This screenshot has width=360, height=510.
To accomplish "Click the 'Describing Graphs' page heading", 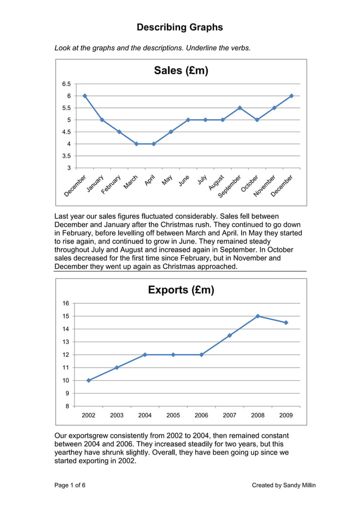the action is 179,27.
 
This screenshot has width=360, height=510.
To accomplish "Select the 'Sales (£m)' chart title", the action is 181,70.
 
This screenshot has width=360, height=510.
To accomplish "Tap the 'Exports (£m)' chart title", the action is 181,290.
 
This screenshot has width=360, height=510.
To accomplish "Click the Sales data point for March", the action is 137,144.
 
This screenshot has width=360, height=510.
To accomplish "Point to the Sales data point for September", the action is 240,108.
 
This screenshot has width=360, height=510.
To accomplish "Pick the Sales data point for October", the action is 257,120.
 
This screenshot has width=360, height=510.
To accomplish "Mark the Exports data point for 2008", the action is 258,316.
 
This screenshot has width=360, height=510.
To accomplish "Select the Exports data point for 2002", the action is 89,380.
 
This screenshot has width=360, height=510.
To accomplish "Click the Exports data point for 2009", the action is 286,322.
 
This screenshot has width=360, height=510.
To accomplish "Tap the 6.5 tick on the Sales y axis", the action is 66,84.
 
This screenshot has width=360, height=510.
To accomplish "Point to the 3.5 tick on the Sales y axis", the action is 66,156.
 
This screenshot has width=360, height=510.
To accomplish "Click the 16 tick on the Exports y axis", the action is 66,303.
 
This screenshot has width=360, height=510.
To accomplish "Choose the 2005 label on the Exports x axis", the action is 173,415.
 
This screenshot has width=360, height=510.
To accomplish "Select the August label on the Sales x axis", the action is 216,182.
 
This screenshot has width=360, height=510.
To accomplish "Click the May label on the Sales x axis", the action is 167,180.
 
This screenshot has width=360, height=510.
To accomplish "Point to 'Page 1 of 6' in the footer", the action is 70,485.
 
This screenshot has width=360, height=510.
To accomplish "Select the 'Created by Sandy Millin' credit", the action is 284,485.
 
